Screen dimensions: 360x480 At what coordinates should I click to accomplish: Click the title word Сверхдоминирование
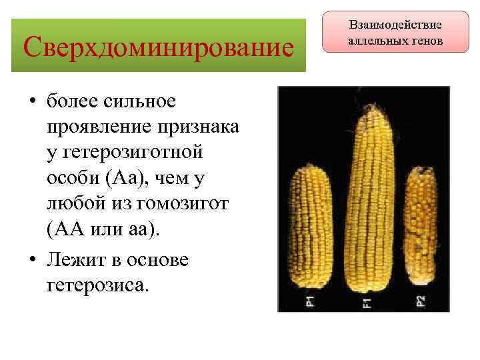[158, 46]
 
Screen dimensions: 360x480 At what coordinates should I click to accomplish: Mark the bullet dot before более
[31, 102]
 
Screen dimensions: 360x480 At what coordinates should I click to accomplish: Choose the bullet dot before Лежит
[31, 261]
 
